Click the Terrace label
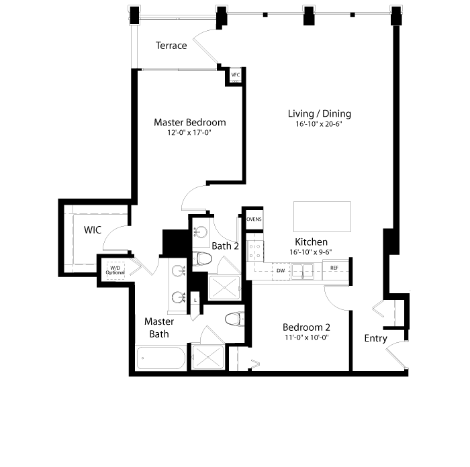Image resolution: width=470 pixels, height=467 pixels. pos(171,45)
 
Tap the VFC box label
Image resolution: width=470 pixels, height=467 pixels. pos(236,75)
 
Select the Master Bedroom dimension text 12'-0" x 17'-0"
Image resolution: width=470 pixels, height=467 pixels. pos(189,132)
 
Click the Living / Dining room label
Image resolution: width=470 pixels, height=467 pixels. pos(320,113)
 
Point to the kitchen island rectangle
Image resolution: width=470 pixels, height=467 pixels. pos(322,217)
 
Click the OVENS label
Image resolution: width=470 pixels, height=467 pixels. pos(254,219)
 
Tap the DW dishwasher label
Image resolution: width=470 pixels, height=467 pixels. pos(281,271)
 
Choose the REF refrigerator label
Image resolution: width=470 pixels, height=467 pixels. pos(334,268)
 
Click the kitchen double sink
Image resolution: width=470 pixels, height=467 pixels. pos(303,271)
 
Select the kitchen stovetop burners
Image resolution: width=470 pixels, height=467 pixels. pos(255,252)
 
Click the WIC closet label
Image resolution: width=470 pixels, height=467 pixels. pos(93,230)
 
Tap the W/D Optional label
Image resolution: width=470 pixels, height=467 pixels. pos(115,270)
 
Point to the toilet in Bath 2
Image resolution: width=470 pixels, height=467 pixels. pos(202,259)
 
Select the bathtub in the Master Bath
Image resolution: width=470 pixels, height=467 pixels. pos(161,358)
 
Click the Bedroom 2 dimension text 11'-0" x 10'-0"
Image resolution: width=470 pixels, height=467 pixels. pos(307,338)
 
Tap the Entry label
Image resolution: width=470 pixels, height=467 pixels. pos(375,338)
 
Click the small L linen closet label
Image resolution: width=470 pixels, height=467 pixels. pos(195,300)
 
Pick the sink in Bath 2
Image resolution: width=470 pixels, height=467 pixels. pos(200,232)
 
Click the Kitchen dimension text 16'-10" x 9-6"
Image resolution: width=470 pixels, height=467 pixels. pos(310,252)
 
